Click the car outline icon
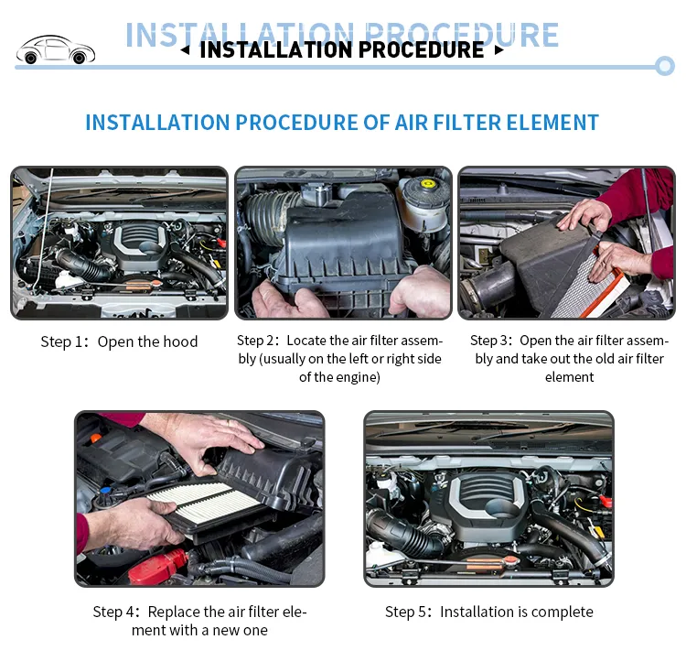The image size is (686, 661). tap(54, 49)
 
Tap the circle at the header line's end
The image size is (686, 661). tap(665, 65)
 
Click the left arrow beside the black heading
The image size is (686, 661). tap(185, 50)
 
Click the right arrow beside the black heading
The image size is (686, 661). tap(498, 50)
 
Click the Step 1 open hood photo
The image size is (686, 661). tap(119, 243)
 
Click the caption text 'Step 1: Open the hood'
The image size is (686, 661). tap(119, 341)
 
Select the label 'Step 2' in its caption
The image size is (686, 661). tap(256, 341)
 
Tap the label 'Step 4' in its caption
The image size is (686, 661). tap(114, 612)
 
